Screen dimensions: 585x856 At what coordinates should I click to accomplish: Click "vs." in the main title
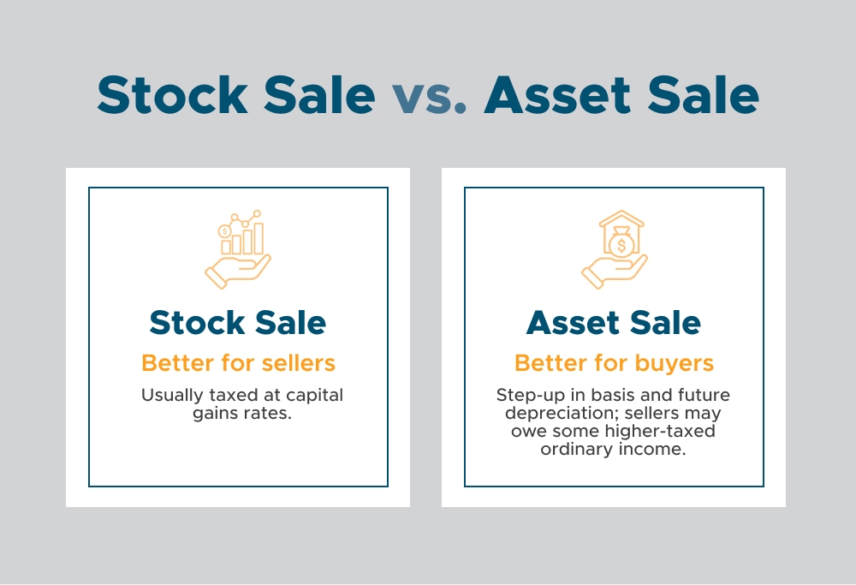tap(429, 96)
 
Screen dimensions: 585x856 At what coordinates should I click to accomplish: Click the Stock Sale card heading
tap(238, 323)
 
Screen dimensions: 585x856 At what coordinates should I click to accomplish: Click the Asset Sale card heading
tap(614, 323)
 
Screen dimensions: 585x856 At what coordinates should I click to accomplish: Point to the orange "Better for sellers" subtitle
tap(238, 362)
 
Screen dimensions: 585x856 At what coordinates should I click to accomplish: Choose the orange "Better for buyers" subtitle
tap(614, 362)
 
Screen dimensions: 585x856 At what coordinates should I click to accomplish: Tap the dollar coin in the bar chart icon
tap(224, 231)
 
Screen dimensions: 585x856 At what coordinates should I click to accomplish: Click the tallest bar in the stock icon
tap(259, 238)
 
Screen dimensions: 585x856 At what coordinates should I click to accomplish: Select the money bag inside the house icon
tap(623, 245)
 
